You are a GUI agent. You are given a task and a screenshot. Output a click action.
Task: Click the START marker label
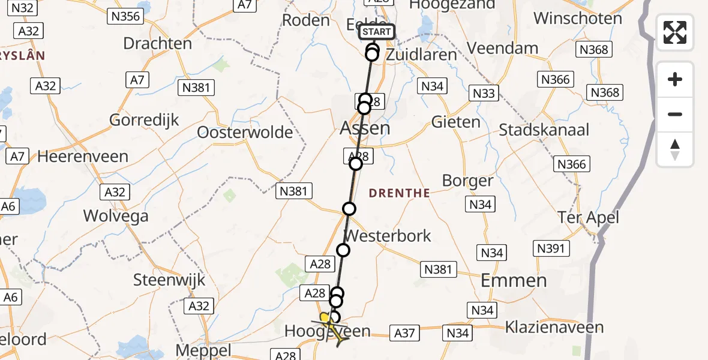[376, 32]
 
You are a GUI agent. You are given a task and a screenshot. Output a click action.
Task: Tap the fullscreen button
[675, 32]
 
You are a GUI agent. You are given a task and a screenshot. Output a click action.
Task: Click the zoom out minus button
[675, 114]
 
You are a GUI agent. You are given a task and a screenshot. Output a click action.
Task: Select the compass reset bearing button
[675, 149]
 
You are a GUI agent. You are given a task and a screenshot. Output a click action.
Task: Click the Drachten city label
[157, 44]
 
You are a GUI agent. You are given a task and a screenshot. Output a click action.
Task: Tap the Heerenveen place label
[83, 157]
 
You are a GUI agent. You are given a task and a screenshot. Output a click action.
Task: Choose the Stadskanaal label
[544, 130]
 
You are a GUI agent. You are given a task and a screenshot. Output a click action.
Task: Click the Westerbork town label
[388, 236]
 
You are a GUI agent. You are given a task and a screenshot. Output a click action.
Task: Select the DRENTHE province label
[399, 193]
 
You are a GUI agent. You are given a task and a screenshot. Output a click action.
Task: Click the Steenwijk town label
[169, 280]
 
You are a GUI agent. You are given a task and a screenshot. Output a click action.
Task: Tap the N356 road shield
[125, 16]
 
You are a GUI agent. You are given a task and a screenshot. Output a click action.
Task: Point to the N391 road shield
[551, 248]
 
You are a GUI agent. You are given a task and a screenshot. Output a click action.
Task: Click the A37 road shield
[405, 332]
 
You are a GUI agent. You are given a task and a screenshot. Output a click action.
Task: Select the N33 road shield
[484, 93]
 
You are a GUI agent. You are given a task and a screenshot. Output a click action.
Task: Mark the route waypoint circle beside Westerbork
[343, 250]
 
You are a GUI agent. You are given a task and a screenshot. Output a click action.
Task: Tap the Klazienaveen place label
[554, 328]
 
